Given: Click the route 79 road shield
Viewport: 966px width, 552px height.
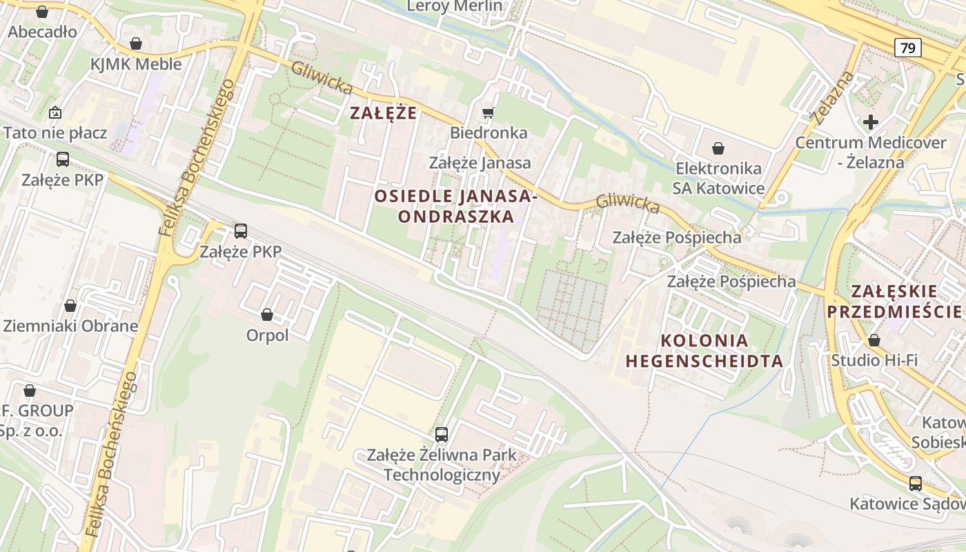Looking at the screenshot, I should (907, 48).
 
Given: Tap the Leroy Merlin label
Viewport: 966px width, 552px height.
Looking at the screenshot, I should (455, 6).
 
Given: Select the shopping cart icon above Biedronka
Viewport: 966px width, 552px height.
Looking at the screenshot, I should (489, 112).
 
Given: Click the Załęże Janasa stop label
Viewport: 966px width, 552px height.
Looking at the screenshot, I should (480, 163).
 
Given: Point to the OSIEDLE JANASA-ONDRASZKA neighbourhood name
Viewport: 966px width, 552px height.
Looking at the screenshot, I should (455, 206).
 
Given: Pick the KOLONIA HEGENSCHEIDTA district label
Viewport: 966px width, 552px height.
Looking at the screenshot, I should (704, 351).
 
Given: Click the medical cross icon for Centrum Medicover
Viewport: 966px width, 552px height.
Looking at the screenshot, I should (871, 122).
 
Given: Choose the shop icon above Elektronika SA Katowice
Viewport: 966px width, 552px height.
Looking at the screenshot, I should (718, 148).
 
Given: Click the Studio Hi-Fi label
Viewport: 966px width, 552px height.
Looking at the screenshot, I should (874, 360).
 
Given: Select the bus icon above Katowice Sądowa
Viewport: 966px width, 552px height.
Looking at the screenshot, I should (915, 484).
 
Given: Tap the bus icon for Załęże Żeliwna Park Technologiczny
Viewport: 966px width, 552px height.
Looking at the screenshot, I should (442, 435).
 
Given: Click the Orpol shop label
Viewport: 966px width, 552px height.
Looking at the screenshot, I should (267, 335).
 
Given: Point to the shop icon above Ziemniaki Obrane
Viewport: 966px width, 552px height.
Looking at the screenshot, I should (70, 306).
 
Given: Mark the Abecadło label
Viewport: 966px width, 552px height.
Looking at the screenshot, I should (42, 32).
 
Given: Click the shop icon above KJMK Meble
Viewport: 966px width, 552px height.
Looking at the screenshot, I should (136, 44).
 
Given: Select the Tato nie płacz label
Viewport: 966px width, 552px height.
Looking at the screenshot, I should (55, 132).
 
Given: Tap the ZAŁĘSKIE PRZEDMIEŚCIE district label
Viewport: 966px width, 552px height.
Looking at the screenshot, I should (894, 301).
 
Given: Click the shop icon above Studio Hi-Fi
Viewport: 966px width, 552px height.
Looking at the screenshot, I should (874, 340).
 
